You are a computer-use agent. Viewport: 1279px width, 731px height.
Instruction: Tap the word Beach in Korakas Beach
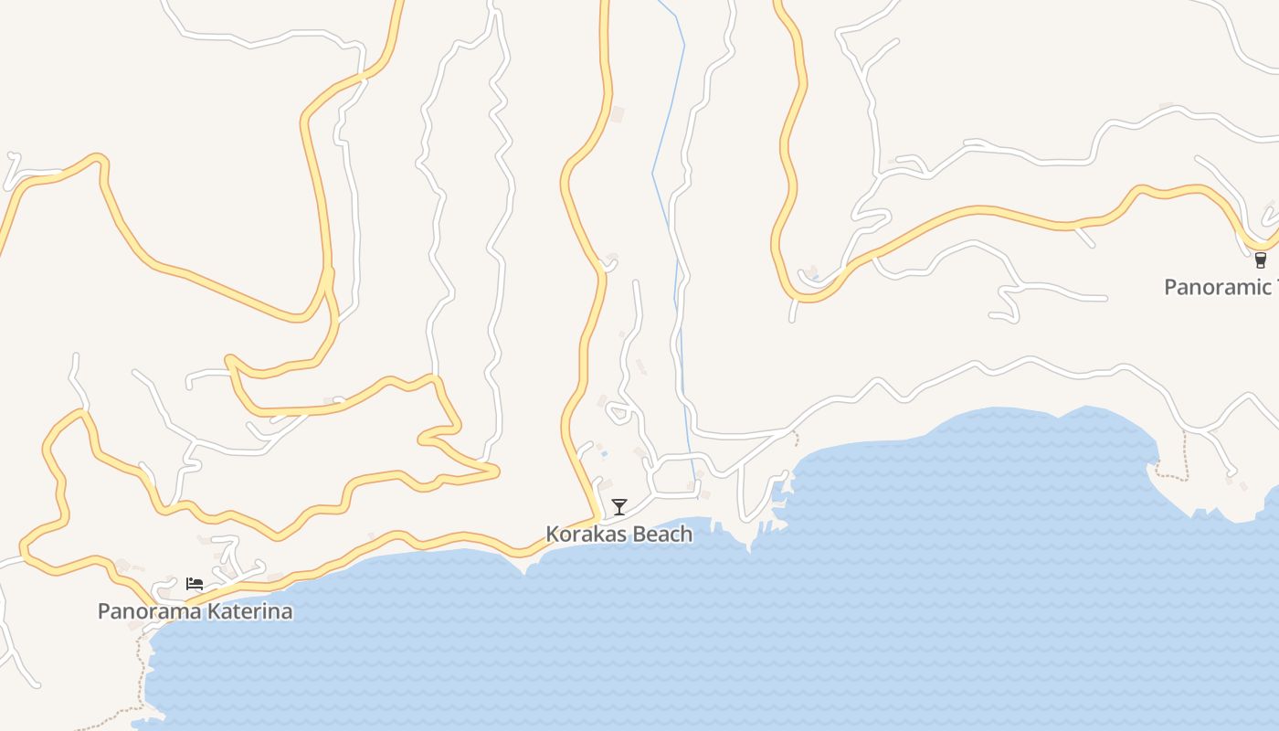[x=661, y=534]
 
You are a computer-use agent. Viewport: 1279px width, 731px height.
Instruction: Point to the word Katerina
[x=245, y=611]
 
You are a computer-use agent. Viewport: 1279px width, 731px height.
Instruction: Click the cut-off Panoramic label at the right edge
[x=1220, y=287]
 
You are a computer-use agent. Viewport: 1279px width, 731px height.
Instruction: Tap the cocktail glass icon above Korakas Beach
[x=619, y=506]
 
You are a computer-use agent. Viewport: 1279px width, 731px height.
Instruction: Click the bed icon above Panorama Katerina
[x=195, y=584]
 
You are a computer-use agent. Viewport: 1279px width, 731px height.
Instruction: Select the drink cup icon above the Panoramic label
[x=1261, y=260]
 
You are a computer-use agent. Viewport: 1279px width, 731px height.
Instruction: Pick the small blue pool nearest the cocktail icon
[x=604, y=454]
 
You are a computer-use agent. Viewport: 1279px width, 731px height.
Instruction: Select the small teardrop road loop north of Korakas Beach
[x=618, y=412]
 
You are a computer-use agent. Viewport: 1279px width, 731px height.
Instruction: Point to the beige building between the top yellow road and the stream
[x=618, y=114]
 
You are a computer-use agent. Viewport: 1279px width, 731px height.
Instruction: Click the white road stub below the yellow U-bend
[x=792, y=312]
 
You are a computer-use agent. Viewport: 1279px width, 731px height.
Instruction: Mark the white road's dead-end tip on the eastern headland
[x=1230, y=474]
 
